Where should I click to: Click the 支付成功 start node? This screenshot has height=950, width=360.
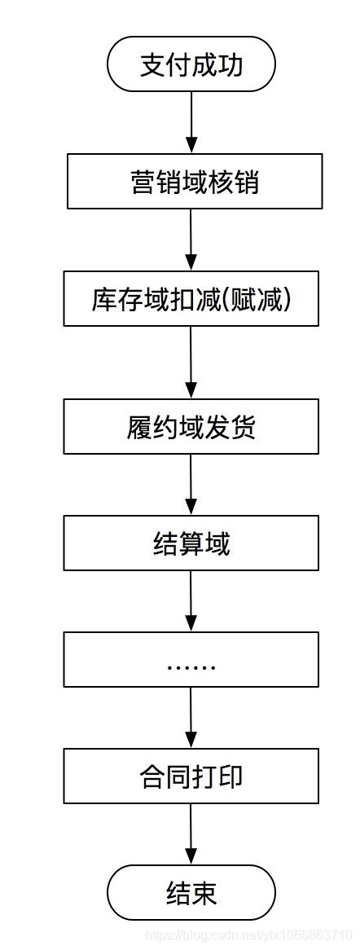(x=191, y=64)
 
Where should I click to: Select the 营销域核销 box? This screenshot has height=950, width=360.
(x=194, y=181)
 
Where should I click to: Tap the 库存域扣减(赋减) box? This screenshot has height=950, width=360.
(x=191, y=299)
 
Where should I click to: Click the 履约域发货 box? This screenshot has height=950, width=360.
(x=191, y=427)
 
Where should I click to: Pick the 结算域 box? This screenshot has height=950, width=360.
(x=191, y=543)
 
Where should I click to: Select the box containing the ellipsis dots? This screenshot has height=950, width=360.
(x=191, y=660)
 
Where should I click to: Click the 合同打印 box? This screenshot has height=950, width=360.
(x=191, y=776)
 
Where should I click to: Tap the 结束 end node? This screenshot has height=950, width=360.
(x=191, y=893)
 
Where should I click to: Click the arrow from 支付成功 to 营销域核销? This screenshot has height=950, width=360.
(x=191, y=122)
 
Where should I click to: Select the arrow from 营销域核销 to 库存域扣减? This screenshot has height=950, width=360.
(x=191, y=240)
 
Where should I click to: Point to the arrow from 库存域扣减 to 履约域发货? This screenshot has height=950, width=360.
(x=191, y=363)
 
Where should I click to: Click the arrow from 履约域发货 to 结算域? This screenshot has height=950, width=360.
(x=191, y=485)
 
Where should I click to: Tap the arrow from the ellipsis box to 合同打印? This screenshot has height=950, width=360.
(x=191, y=718)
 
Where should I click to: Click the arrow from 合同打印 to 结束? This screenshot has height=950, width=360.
(x=191, y=834)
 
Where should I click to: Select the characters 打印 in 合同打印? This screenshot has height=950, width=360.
(x=217, y=776)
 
